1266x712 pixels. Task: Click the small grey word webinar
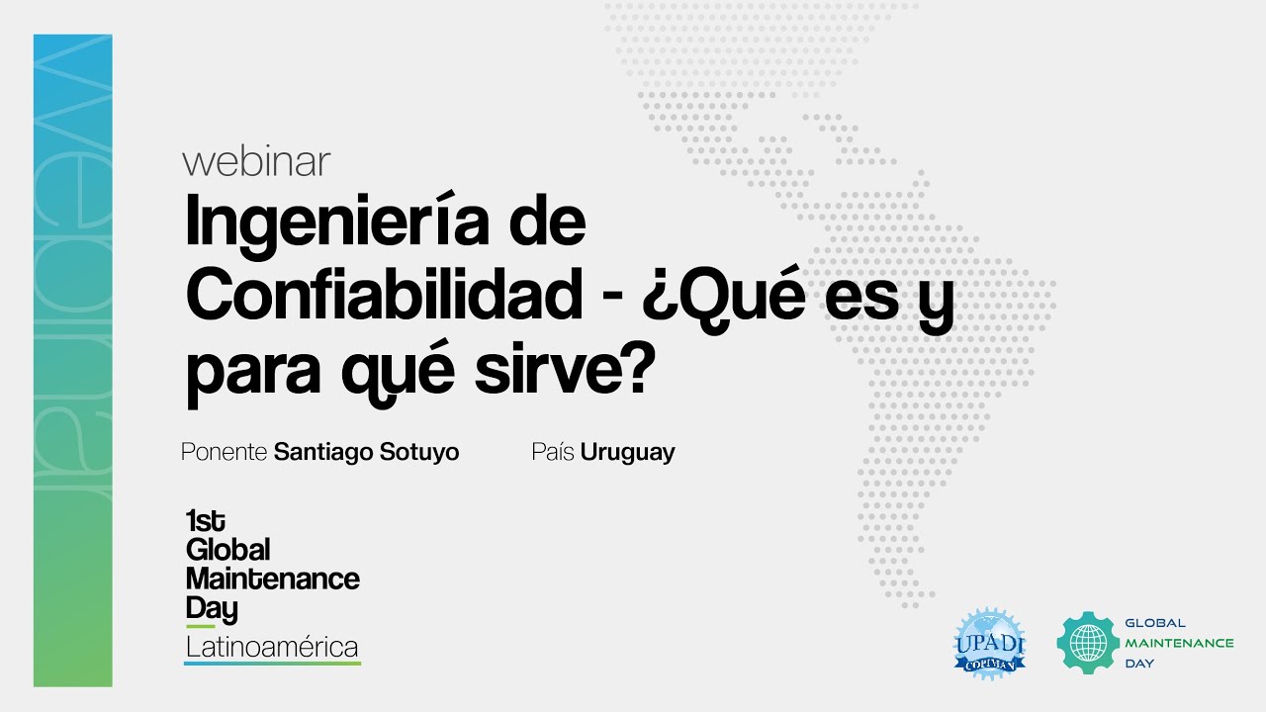(256, 162)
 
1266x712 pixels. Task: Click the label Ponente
(225, 453)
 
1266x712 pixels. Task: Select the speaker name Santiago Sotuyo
(366, 453)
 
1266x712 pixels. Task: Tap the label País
(553, 452)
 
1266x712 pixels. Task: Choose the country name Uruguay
(627, 453)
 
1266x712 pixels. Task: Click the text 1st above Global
(205, 521)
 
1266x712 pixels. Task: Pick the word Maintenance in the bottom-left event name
(272, 578)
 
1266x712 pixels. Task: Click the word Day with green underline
(211, 608)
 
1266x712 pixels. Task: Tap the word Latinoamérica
(272, 648)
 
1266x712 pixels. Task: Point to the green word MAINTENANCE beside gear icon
(1179, 643)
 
